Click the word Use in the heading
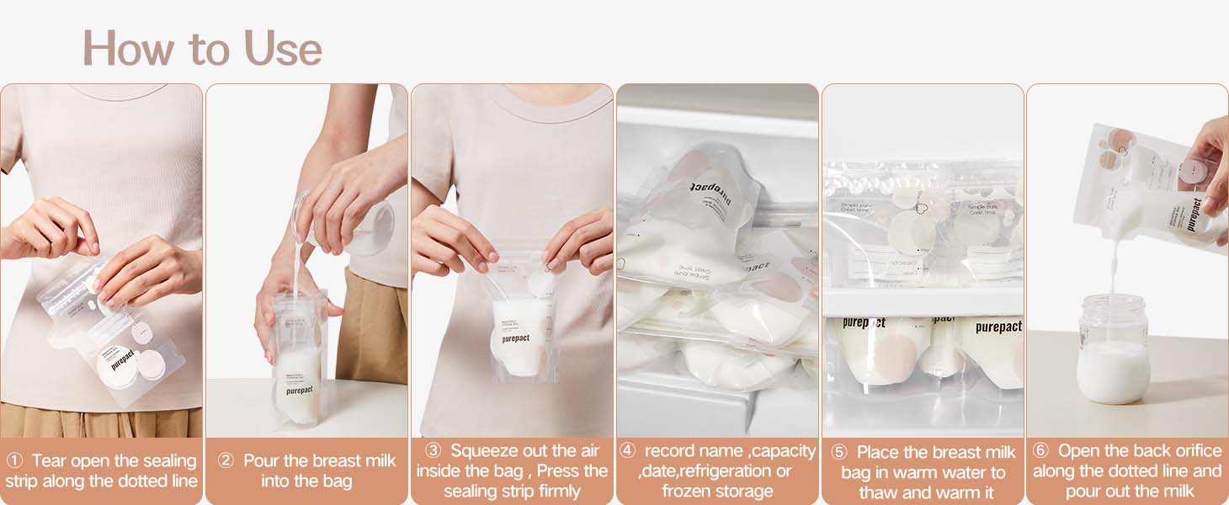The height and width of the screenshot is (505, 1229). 283,49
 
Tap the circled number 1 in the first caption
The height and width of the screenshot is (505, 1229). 14,461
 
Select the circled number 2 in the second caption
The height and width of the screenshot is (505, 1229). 226,461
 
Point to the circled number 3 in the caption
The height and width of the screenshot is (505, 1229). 433,451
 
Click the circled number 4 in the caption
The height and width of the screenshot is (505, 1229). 627,451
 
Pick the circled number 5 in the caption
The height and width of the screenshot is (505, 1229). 838,453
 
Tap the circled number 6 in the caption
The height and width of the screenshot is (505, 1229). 1040,451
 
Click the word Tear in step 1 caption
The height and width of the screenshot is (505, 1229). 50,461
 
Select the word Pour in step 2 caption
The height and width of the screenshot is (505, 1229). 261,461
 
